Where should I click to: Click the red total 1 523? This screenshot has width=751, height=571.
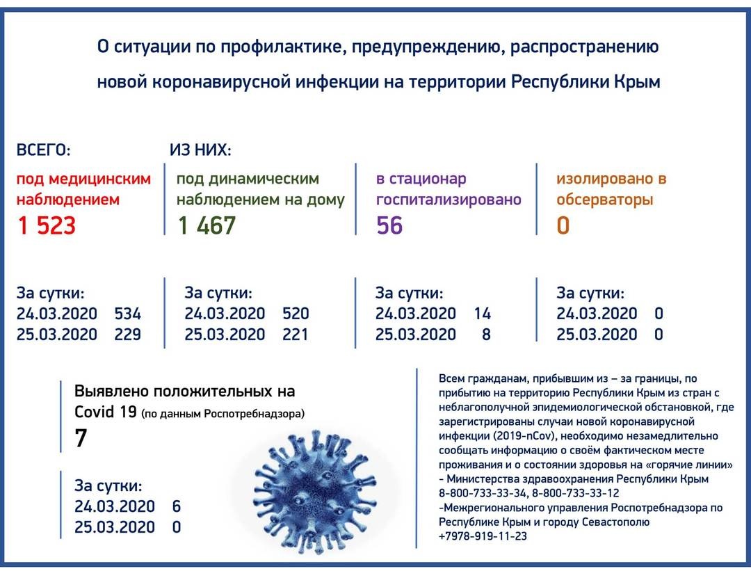pyautogui.click(x=46, y=225)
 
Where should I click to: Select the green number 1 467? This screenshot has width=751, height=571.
pyautogui.click(x=207, y=225)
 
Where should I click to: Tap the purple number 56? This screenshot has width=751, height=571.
pyautogui.click(x=389, y=225)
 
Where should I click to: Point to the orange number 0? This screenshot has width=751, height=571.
pyautogui.click(x=563, y=225)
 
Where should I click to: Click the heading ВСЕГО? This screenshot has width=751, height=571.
pyautogui.click(x=43, y=151)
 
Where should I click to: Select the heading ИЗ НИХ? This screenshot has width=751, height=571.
pyautogui.click(x=200, y=151)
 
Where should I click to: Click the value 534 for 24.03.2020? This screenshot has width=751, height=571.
pyautogui.click(x=128, y=314)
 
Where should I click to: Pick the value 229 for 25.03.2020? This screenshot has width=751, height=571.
pyautogui.click(x=128, y=335)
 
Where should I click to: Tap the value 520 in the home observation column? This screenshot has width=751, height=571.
pyautogui.click(x=296, y=314)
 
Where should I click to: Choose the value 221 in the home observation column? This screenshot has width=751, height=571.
pyautogui.click(x=296, y=335)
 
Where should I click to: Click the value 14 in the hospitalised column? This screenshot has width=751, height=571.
pyautogui.click(x=482, y=314)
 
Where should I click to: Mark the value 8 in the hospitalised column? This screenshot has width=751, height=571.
pyautogui.click(x=486, y=335)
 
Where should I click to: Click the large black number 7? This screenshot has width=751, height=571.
pyautogui.click(x=81, y=439)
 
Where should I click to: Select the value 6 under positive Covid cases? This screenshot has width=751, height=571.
pyautogui.click(x=177, y=506)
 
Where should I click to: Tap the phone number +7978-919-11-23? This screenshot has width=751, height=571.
pyautogui.click(x=483, y=536)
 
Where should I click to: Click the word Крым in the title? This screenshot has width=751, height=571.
pyautogui.click(x=637, y=81)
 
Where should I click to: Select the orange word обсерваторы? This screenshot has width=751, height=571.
pyautogui.click(x=604, y=200)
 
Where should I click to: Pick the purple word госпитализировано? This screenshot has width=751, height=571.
pyautogui.click(x=449, y=200)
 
